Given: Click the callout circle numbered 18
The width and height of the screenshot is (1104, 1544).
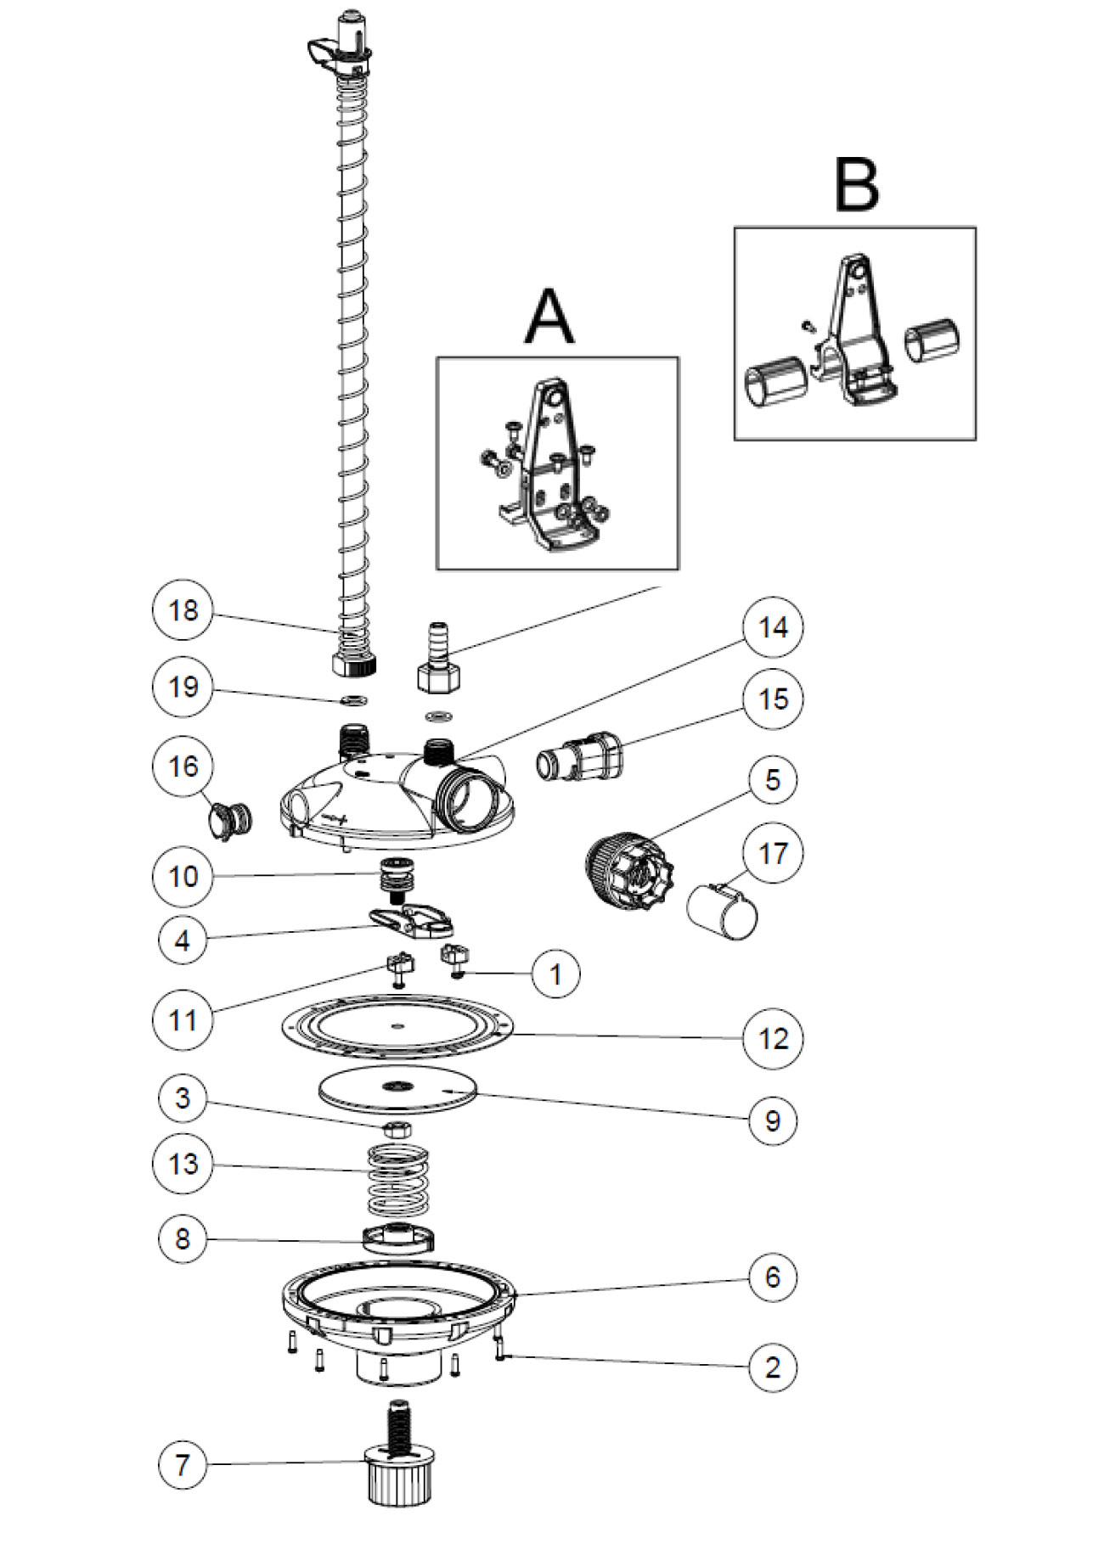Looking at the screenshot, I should point(183,610).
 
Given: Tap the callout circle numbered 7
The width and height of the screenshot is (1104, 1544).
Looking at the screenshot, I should point(183,1463).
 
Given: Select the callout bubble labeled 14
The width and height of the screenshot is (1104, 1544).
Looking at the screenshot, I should point(773,627).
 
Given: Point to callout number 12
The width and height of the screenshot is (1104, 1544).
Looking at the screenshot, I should point(773,1037).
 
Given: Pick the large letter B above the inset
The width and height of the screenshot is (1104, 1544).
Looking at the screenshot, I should point(856,184).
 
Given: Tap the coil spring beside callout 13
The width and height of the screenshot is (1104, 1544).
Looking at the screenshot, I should point(397,1180).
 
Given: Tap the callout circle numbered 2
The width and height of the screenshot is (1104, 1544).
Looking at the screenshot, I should point(773,1367).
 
